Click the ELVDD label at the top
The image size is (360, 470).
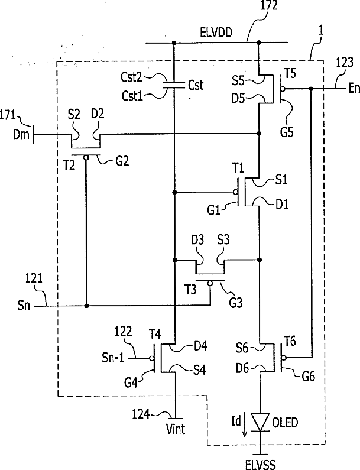(x=216, y=32)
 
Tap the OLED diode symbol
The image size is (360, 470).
(x=260, y=422)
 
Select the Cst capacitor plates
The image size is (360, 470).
(x=174, y=85)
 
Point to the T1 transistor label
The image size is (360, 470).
(x=238, y=168)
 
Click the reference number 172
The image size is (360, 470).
(x=268, y=5)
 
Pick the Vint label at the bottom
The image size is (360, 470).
(x=176, y=429)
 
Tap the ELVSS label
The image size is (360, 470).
(x=260, y=465)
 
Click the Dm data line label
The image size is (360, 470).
(x=21, y=134)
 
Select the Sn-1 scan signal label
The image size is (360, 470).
(x=113, y=358)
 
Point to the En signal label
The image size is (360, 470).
(x=354, y=88)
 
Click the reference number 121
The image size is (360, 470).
(x=33, y=279)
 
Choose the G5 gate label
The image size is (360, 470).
(x=287, y=132)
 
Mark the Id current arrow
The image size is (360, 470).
(x=245, y=424)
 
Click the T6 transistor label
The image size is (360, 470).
(x=290, y=341)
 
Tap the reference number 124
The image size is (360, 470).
(x=141, y=414)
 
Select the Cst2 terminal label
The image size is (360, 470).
(x=131, y=77)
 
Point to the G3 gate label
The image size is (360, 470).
(x=236, y=303)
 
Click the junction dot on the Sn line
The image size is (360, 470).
(x=86, y=306)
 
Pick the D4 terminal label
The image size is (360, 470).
(x=200, y=346)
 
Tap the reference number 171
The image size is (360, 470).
(x=8, y=115)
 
